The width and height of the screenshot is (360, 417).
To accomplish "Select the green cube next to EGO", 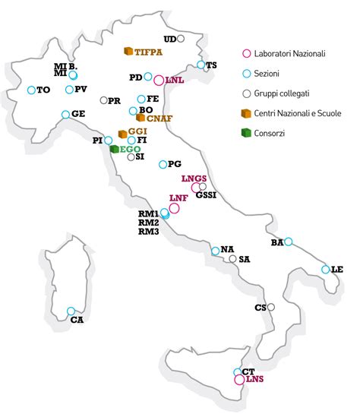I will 115,149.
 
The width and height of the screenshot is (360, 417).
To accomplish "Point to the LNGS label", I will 194,178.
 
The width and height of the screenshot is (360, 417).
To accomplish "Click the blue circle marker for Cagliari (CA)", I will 71,311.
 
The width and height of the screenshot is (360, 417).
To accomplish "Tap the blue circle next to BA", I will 288,242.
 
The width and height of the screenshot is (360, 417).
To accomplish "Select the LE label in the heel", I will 338,270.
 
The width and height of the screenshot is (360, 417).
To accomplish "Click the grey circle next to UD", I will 181,38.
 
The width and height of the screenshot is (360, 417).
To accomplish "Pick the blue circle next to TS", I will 201,65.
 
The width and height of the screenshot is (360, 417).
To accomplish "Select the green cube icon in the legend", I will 245,132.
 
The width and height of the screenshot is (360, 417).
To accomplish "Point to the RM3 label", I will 148,232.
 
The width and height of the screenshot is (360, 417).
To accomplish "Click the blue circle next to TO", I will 31,90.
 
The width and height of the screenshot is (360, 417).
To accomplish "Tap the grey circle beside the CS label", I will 270,307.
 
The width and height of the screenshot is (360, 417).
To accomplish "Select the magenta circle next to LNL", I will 159,80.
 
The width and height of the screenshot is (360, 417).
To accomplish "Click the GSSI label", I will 206,194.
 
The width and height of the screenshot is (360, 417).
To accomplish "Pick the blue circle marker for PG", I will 162,164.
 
